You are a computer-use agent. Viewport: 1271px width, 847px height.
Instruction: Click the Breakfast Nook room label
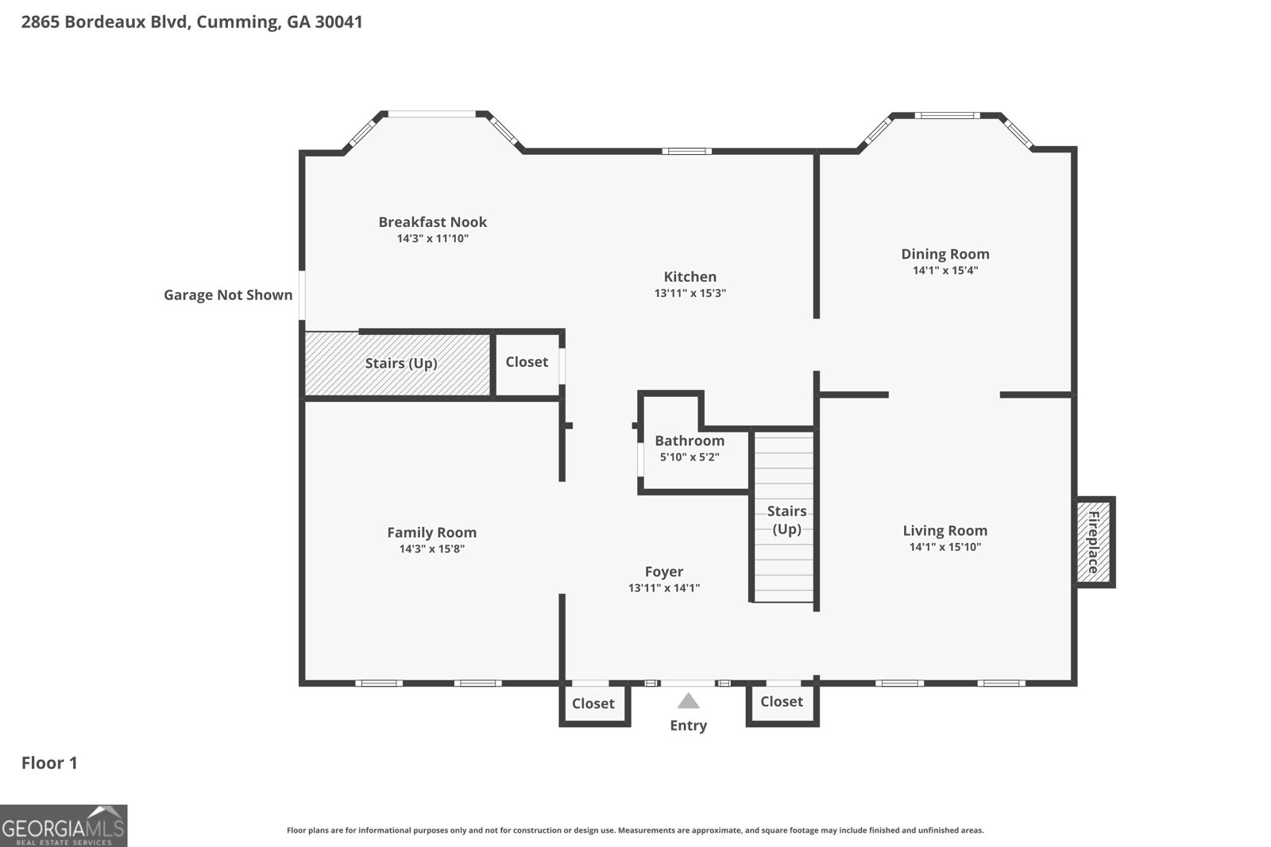click(x=432, y=221)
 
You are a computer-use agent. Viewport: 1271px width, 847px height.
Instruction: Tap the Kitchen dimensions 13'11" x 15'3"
click(x=690, y=293)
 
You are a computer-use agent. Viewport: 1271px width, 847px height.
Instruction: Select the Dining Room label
click(x=945, y=254)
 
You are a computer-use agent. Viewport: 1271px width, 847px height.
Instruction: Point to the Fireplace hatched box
click(x=1094, y=542)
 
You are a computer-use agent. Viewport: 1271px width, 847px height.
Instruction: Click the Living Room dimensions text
click(x=945, y=547)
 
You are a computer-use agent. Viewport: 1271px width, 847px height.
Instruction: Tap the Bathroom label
click(x=690, y=441)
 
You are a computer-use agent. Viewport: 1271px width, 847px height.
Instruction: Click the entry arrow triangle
click(x=688, y=701)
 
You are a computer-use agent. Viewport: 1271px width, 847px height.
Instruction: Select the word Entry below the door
click(x=688, y=726)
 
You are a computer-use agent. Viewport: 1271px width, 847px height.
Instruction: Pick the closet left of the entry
click(x=594, y=703)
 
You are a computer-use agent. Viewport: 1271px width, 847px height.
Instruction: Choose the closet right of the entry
click(x=782, y=703)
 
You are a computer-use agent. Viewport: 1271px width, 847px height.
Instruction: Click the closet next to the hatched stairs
click(x=527, y=362)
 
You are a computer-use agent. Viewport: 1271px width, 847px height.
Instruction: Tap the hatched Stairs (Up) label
click(x=401, y=364)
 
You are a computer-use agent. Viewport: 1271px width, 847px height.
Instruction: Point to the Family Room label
click(x=432, y=533)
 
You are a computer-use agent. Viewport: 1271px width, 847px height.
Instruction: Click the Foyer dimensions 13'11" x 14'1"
click(x=664, y=588)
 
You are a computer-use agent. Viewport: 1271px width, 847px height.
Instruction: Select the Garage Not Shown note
click(x=228, y=295)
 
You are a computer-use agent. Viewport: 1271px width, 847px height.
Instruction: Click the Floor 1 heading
click(x=49, y=763)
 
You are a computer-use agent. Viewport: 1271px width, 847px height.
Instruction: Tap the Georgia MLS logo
click(x=64, y=826)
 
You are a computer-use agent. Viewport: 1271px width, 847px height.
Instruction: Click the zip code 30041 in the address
click(x=338, y=21)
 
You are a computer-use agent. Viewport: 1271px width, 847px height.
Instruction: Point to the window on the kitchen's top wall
click(x=686, y=152)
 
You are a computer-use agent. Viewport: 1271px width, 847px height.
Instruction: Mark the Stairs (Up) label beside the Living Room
click(x=786, y=520)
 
